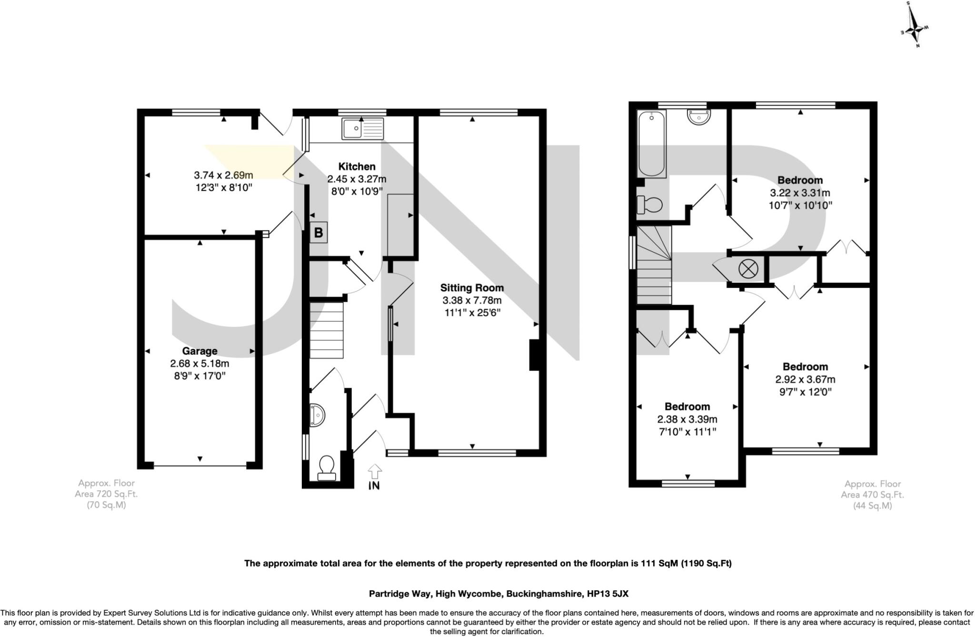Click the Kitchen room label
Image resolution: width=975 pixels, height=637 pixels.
357,167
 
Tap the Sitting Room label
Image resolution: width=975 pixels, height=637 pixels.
471,288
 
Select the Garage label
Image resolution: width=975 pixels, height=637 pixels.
199,351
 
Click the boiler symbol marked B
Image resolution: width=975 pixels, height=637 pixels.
318,233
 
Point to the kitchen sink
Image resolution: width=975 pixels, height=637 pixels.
362,128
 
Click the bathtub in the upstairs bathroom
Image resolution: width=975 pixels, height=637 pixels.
651,144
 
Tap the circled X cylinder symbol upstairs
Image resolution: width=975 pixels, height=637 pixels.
748,269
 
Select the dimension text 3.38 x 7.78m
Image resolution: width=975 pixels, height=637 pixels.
471,300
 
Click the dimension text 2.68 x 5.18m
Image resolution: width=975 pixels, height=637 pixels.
199,364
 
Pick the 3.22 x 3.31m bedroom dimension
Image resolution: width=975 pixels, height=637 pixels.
800,193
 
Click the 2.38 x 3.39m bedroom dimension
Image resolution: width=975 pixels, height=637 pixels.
687,419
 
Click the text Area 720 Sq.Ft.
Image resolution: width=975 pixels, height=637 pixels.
106,494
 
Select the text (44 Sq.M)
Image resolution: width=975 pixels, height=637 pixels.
872,506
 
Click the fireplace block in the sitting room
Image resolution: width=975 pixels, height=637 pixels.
534,355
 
